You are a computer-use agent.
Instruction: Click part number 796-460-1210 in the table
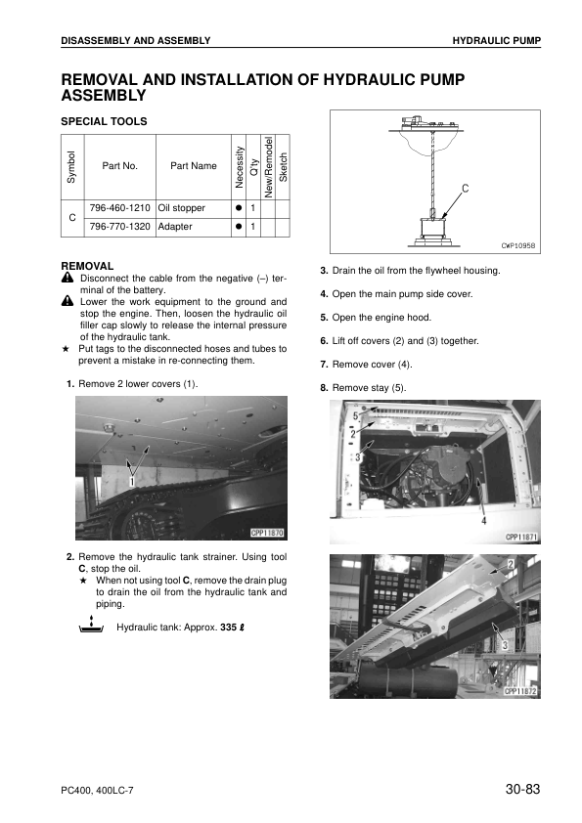pos(120,209)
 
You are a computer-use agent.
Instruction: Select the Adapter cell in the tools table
pos(175,227)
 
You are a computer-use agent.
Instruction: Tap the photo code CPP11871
pos(521,537)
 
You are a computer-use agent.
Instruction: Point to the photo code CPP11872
pos(521,691)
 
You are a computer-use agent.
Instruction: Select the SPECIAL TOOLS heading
pos(104,121)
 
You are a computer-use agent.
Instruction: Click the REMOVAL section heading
pos(87,266)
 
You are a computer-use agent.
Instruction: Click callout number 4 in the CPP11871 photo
pos(482,521)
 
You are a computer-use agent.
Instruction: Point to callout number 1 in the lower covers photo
pos(131,481)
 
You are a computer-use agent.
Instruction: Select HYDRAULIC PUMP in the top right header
pos(496,40)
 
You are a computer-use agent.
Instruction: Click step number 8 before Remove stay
pos(324,388)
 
